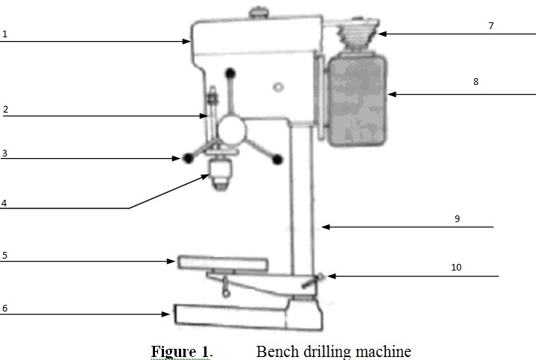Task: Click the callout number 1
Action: point(4,34)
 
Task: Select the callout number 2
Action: point(5,110)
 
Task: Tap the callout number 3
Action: point(4,153)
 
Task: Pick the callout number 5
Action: point(4,255)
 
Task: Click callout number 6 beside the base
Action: point(4,307)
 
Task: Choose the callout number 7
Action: point(491,26)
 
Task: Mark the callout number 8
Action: point(476,83)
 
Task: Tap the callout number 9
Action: point(457,218)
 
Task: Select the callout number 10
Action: point(455,267)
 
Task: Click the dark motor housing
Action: point(357,101)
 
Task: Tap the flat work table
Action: point(222,262)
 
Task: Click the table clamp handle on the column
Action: point(314,280)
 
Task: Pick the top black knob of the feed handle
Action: point(231,73)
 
